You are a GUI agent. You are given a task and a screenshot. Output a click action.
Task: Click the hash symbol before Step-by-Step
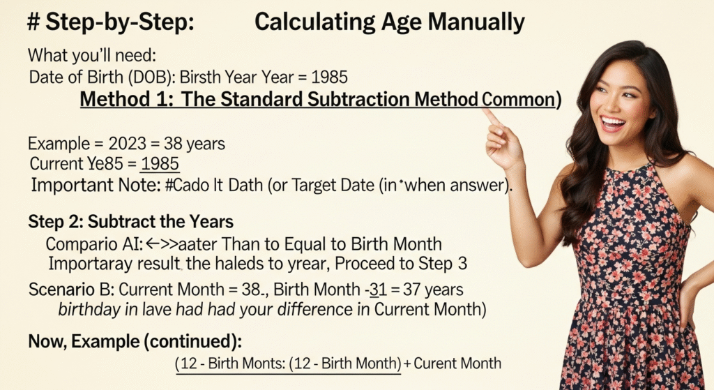coord(33,22)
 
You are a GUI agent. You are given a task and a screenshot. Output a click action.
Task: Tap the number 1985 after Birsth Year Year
coord(330,77)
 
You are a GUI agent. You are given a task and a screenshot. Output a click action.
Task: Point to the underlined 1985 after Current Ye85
coord(160,163)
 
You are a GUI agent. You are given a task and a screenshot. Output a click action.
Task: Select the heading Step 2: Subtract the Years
coord(130,222)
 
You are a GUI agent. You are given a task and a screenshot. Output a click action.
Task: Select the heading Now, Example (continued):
coord(135,341)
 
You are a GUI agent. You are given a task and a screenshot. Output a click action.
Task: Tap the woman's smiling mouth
coord(612,123)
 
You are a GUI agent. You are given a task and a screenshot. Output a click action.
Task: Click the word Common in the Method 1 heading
coord(518,100)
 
